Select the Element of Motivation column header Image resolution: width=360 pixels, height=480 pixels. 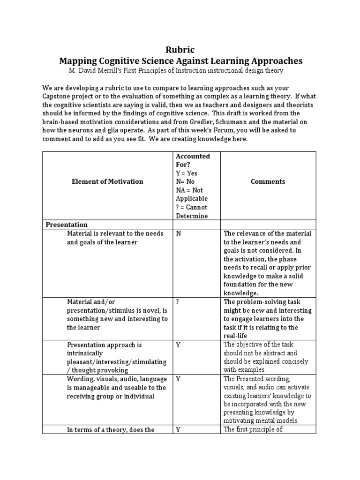click(108, 181)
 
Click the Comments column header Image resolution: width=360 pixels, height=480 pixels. click(268, 181)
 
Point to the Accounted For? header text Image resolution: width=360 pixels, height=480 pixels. click(192, 160)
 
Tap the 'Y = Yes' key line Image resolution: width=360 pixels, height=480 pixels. click(186, 173)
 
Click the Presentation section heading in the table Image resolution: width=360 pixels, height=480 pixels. click(67, 225)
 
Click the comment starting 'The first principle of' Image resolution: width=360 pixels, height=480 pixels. click(253, 430)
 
